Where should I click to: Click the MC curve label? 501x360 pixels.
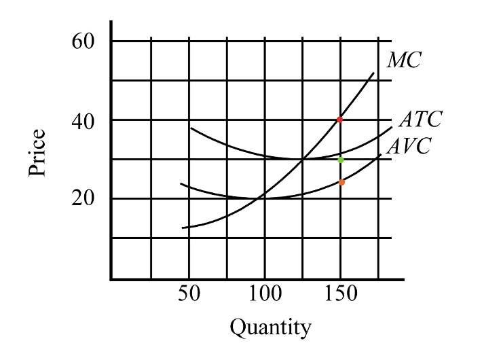(x=404, y=60)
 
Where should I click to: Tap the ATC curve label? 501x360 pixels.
(x=420, y=120)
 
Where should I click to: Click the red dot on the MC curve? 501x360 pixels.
(x=340, y=120)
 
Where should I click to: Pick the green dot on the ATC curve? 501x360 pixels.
(x=341, y=160)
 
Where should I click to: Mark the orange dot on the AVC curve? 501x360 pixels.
(x=341, y=182)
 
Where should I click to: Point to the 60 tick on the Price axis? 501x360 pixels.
(x=84, y=41)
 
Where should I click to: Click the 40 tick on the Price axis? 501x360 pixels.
(x=84, y=120)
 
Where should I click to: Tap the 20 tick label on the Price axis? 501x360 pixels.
(x=84, y=199)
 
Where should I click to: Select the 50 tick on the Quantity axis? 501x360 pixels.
(x=189, y=295)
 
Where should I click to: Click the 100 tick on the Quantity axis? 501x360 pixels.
(x=264, y=295)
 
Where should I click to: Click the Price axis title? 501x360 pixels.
(x=38, y=154)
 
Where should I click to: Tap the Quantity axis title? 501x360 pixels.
(x=270, y=328)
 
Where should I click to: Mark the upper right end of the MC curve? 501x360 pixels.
(x=374, y=73)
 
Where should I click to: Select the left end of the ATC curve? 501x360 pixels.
(x=191, y=128)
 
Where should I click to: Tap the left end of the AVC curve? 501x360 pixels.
(x=181, y=183)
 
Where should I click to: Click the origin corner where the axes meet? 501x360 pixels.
(x=111, y=278)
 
